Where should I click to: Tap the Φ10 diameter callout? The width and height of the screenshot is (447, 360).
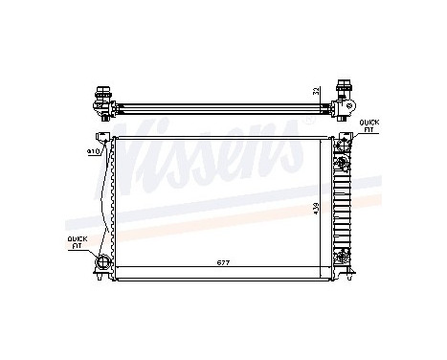[x=94, y=151]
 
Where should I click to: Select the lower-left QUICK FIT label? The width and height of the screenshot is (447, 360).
[x=75, y=242]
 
